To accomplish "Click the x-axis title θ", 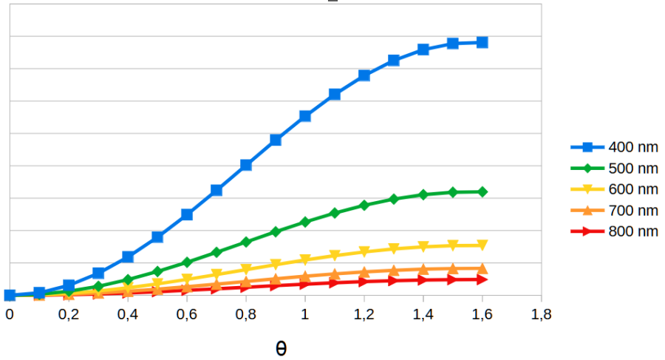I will [x=281, y=347].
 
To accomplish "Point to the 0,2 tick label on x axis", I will [x=69, y=315].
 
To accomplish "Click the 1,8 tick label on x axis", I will [x=542, y=315].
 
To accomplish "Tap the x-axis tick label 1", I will [x=305, y=315].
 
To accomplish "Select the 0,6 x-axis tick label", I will [x=187, y=315].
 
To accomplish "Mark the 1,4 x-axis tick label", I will [x=423, y=315].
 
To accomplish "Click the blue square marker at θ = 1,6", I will [x=482, y=42].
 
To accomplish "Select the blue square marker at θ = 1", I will [x=305, y=116].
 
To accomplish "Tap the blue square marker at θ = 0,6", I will [x=187, y=214].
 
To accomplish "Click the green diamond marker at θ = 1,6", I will [x=482, y=191].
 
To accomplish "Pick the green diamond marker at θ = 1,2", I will [x=364, y=205].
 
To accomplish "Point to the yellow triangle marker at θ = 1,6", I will [x=482, y=245].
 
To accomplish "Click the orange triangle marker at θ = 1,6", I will [x=482, y=268].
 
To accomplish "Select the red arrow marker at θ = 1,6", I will [x=482, y=279].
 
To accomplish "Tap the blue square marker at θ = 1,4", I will [x=423, y=50].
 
